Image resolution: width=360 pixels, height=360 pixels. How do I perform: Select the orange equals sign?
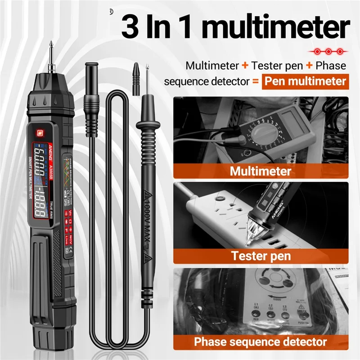click(255, 82)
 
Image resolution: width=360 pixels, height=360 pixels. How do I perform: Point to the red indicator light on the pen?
click(39, 133)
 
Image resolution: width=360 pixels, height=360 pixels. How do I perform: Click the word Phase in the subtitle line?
click(330, 66)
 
